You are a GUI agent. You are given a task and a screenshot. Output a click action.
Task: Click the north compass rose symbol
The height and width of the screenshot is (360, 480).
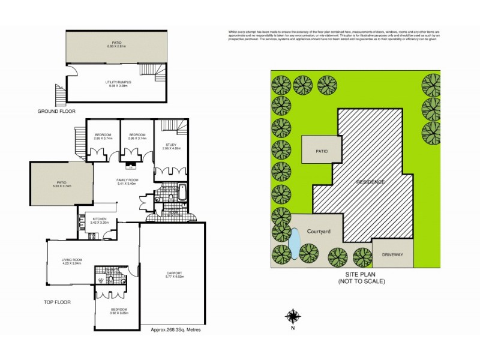point(293,316)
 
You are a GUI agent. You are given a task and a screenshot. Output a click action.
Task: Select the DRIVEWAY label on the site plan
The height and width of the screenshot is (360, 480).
point(392,254)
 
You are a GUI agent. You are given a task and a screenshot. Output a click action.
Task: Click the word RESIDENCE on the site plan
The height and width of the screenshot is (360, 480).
point(370,181)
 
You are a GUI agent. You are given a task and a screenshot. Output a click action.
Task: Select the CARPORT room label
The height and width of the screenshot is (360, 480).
point(175,273)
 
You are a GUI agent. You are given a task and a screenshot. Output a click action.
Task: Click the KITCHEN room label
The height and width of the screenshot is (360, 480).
point(99,219)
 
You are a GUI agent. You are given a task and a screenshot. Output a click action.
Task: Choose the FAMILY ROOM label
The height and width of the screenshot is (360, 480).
point(127,180)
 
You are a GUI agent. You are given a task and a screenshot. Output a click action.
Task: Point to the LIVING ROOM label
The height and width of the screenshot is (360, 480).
point(71,260)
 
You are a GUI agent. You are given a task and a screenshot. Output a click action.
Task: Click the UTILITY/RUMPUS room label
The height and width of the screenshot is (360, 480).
point(116,82)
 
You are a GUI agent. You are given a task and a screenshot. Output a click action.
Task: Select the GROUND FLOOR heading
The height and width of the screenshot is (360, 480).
point(56,111)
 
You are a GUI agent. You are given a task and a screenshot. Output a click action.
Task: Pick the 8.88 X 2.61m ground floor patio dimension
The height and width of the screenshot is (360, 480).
point(116,46)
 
